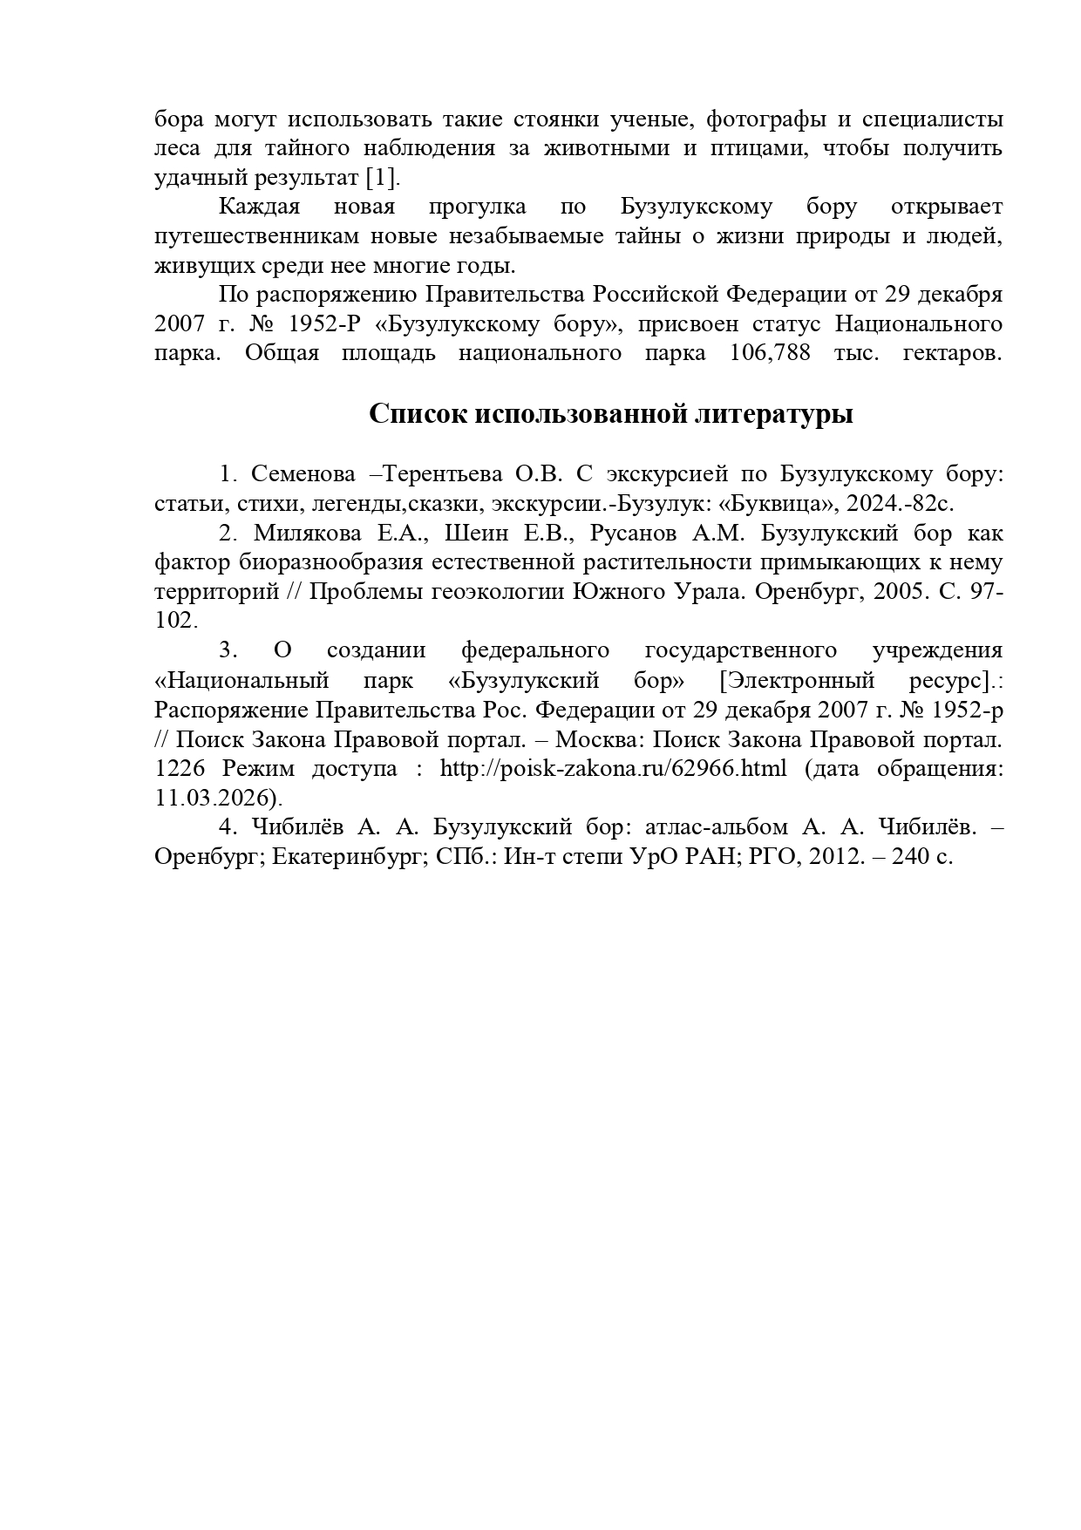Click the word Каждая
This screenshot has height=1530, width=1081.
tap(259, 207)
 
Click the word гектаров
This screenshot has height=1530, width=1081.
tap(953, 353)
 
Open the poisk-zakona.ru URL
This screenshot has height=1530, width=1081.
tap(613, 769)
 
